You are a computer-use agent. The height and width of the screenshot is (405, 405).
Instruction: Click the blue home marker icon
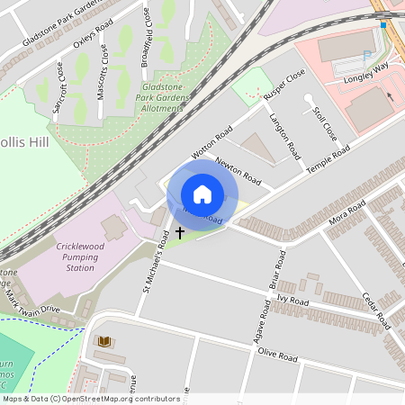point(202,194)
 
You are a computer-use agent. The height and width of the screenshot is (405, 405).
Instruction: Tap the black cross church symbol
point(179,232)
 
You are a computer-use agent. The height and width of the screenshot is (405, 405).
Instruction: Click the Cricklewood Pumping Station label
point(60,256)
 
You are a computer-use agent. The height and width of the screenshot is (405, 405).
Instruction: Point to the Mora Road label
point(346,216)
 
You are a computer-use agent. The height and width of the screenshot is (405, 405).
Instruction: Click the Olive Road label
point(277,357)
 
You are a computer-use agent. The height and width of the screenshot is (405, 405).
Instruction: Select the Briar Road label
point(280,270)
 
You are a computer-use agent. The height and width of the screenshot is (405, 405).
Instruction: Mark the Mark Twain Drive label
point(36,300)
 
